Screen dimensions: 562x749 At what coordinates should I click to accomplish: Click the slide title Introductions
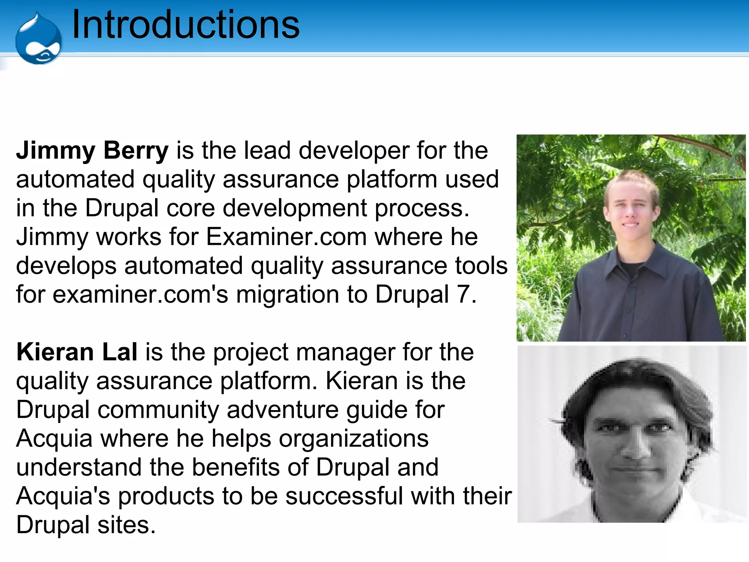tap(186, 25)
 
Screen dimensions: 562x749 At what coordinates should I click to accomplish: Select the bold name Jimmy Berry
tap(92, 151)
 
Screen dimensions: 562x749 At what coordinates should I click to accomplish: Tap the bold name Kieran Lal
tap(77, 352)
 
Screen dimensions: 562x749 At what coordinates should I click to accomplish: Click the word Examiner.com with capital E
tap(286, 237)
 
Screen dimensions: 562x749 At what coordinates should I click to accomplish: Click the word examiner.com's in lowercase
tap(140, 294)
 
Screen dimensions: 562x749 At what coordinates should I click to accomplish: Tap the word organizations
tap(354, 439)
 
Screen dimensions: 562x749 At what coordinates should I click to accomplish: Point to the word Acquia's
tap(63, 497)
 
